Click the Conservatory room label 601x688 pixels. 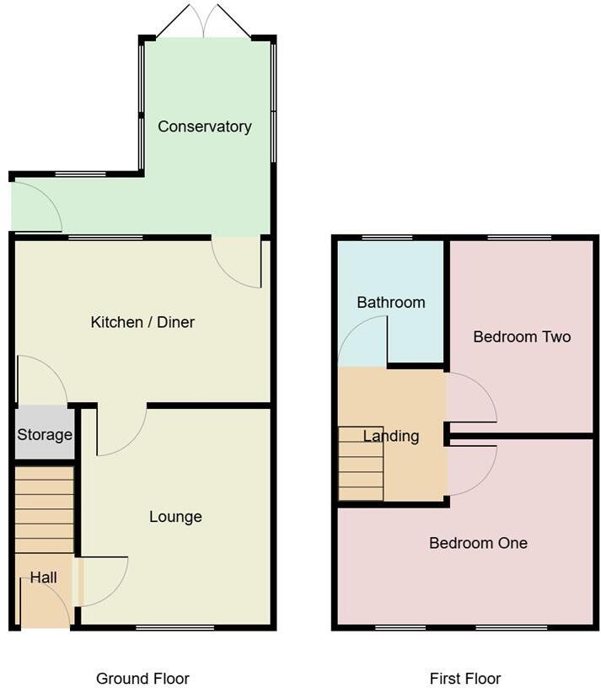pyautogui.click(x=205, y=126)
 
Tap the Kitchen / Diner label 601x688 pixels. pyautogui.click(x=142, y=322)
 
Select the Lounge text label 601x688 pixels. pyautogui.click(x=175, y=517)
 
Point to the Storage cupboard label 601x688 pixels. pyautogui.click(x=45, y=435)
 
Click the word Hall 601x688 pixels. pyautogui.click(x=44, y=578)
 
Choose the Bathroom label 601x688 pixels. pyautogui.click(x=390, y=302)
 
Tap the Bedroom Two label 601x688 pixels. pyautogui.click(x=522, y=336)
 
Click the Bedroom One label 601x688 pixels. pyautogui.click(x=478, y=543)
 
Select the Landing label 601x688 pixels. pyautogui.click(x=391, y=436)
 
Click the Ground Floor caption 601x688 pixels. pyautogui.click(x=142, y=679)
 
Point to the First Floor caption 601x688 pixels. pyautogui.click(x=465, y=679)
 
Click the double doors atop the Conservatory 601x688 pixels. pyautogui.click(x=204, y=22)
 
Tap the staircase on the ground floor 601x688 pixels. pyautogui.click(x=45, y=510)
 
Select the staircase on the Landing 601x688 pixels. pyautogui.click(x=361, y=464)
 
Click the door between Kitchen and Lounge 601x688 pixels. pyautogui.click(x=120, y=430)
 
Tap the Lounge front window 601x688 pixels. pyautogui.click(x=175, y=627)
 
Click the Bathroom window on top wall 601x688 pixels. pyautogui.click(x=387, y=238)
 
